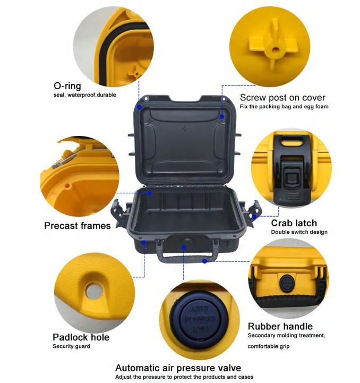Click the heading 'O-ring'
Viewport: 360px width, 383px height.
(x=67, y=86)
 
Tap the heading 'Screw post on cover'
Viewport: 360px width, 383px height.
(x=282, y=97)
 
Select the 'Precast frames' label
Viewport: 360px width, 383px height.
(x=78, y=225)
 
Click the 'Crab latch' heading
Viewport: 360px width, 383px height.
(x=294, y=223)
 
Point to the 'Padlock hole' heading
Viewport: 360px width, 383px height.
(x=81, y=337)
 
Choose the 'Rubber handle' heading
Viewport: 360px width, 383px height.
(x=280, y=326)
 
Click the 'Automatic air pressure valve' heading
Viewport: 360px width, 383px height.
(x=178, y=368)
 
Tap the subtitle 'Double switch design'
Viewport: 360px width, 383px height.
(x=299, y=232)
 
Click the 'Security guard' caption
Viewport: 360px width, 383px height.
(x=71, y=346)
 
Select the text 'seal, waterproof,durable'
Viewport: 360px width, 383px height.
(x=85, y=95)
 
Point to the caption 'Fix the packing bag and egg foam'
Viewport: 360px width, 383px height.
(x=284, y=106)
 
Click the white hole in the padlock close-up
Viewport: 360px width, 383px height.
(x=94, y=290)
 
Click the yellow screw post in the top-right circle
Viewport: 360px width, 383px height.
(x=274, y=46)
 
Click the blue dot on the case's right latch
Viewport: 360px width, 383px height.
(x=254, y=216)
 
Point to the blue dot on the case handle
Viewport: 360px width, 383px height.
(x=204, y=261)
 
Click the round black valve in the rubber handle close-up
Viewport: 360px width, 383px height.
(x=287, y=283)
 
